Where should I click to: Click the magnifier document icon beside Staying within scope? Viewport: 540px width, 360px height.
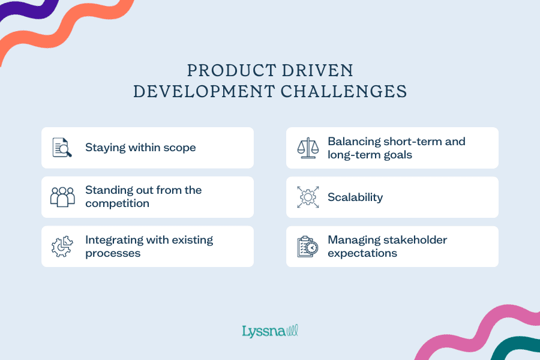pyautogui.click(x=62, y=148)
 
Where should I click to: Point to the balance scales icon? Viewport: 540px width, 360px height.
pyautogui.click(x=308, y=148)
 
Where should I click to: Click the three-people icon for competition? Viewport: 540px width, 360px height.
pyautogui.click(x=62, y=197)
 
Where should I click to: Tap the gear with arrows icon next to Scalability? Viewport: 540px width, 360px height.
pyautogui.click(x=308, y=197)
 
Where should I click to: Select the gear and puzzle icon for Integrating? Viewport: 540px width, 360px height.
pyautogui.click(x=62, y=246)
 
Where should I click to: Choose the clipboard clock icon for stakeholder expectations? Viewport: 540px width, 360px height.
pyautogui.click(x=308, y=246)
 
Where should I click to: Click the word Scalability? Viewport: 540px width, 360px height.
pyautogui.click(x=355, y=197)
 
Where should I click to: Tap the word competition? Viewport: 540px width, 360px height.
pyautogui.click(x=117, y=203)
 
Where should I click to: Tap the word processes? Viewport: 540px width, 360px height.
pyautogui.click(x=113, y=253)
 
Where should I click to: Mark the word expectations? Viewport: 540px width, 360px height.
pyautogui.click(x=362, y=253)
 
